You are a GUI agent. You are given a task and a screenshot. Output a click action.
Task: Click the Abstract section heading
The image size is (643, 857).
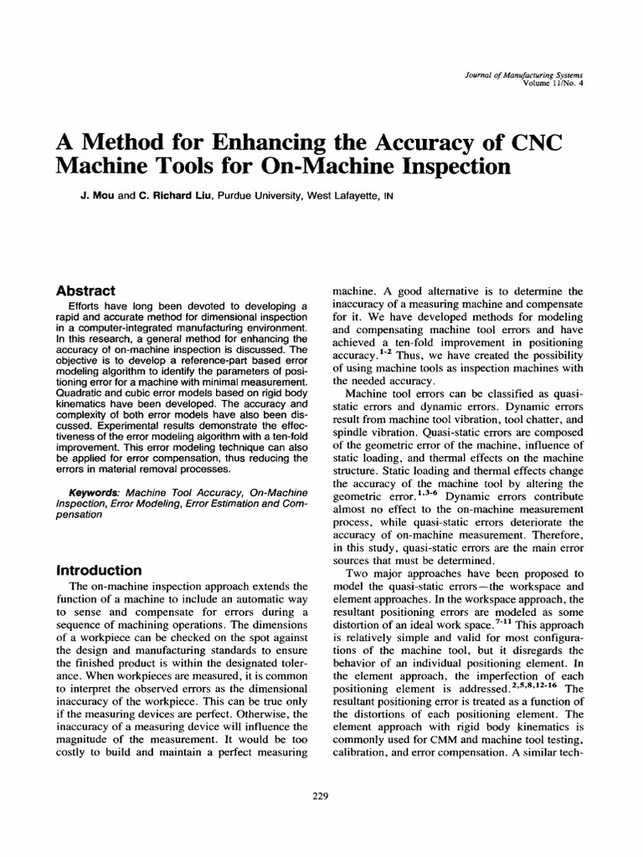(x=85, y=291)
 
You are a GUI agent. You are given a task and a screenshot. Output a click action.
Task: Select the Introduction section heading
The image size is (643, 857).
(x=98, y=570)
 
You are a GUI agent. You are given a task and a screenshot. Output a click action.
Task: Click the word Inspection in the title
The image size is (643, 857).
(x=443, y=166)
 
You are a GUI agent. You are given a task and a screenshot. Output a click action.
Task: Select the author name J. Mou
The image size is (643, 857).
(x=88, y=197)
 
